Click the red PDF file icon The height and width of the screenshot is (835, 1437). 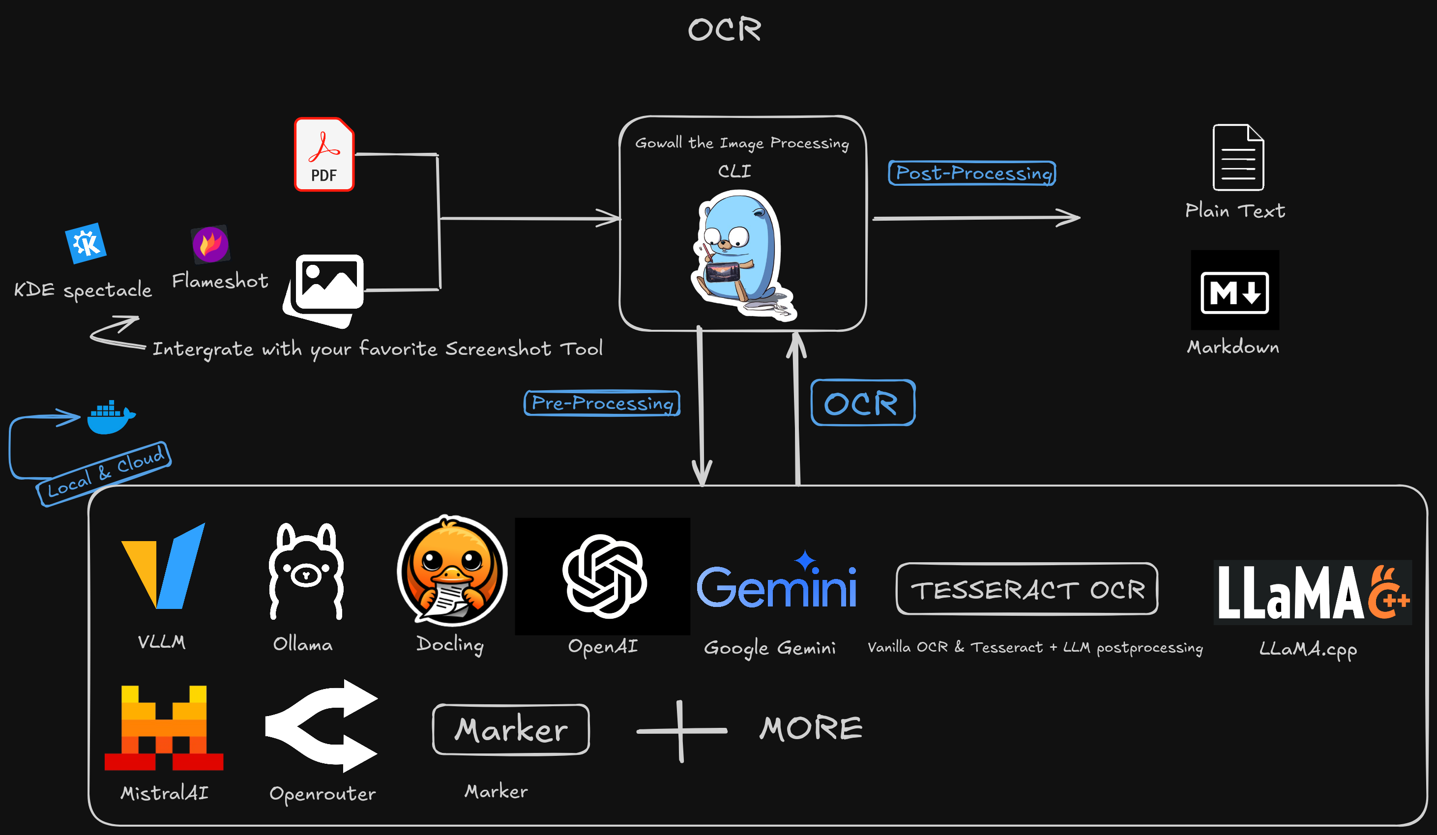[324, 154]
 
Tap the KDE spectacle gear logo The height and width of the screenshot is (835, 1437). [86, 243]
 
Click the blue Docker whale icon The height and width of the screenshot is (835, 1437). [111, 418]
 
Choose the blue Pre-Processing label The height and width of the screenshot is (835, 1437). [602, 403]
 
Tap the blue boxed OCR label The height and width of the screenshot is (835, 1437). [862, 403]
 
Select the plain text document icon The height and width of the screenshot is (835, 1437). [1238, 157]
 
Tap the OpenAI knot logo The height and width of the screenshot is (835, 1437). [604, 576]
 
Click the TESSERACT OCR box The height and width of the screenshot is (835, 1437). [1026, 589]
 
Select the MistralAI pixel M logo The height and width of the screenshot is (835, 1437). [164, 727]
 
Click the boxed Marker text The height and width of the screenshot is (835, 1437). [511, 729]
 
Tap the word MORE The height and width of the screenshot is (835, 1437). [810, 728]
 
